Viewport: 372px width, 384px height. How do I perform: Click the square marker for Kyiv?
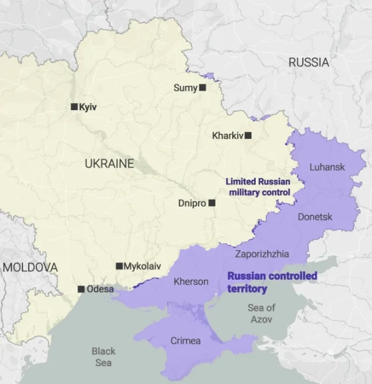74,107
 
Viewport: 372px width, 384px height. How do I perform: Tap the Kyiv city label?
88,107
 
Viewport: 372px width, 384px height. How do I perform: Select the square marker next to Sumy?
203,88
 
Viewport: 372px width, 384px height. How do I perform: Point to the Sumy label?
185,88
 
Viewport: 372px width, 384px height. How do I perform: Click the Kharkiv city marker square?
248,136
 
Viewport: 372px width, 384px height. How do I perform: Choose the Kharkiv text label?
228,136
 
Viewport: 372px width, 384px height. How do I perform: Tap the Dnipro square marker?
212,203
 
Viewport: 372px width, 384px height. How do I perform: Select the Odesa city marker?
81,289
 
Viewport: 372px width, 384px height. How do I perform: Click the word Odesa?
100,289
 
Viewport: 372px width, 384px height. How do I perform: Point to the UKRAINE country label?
109,164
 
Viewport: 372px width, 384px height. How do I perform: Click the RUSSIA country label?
309,63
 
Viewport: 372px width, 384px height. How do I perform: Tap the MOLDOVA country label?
29,268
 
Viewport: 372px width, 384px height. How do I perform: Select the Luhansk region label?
327,167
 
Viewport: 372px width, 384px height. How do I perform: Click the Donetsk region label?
315,217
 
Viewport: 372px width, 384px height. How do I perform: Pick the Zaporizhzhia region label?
262,254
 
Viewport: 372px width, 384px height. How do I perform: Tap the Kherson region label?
191,282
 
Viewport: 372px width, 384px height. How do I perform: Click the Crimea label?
185,341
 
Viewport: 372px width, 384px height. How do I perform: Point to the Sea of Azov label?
261,314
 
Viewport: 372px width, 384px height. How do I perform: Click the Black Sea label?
104,356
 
